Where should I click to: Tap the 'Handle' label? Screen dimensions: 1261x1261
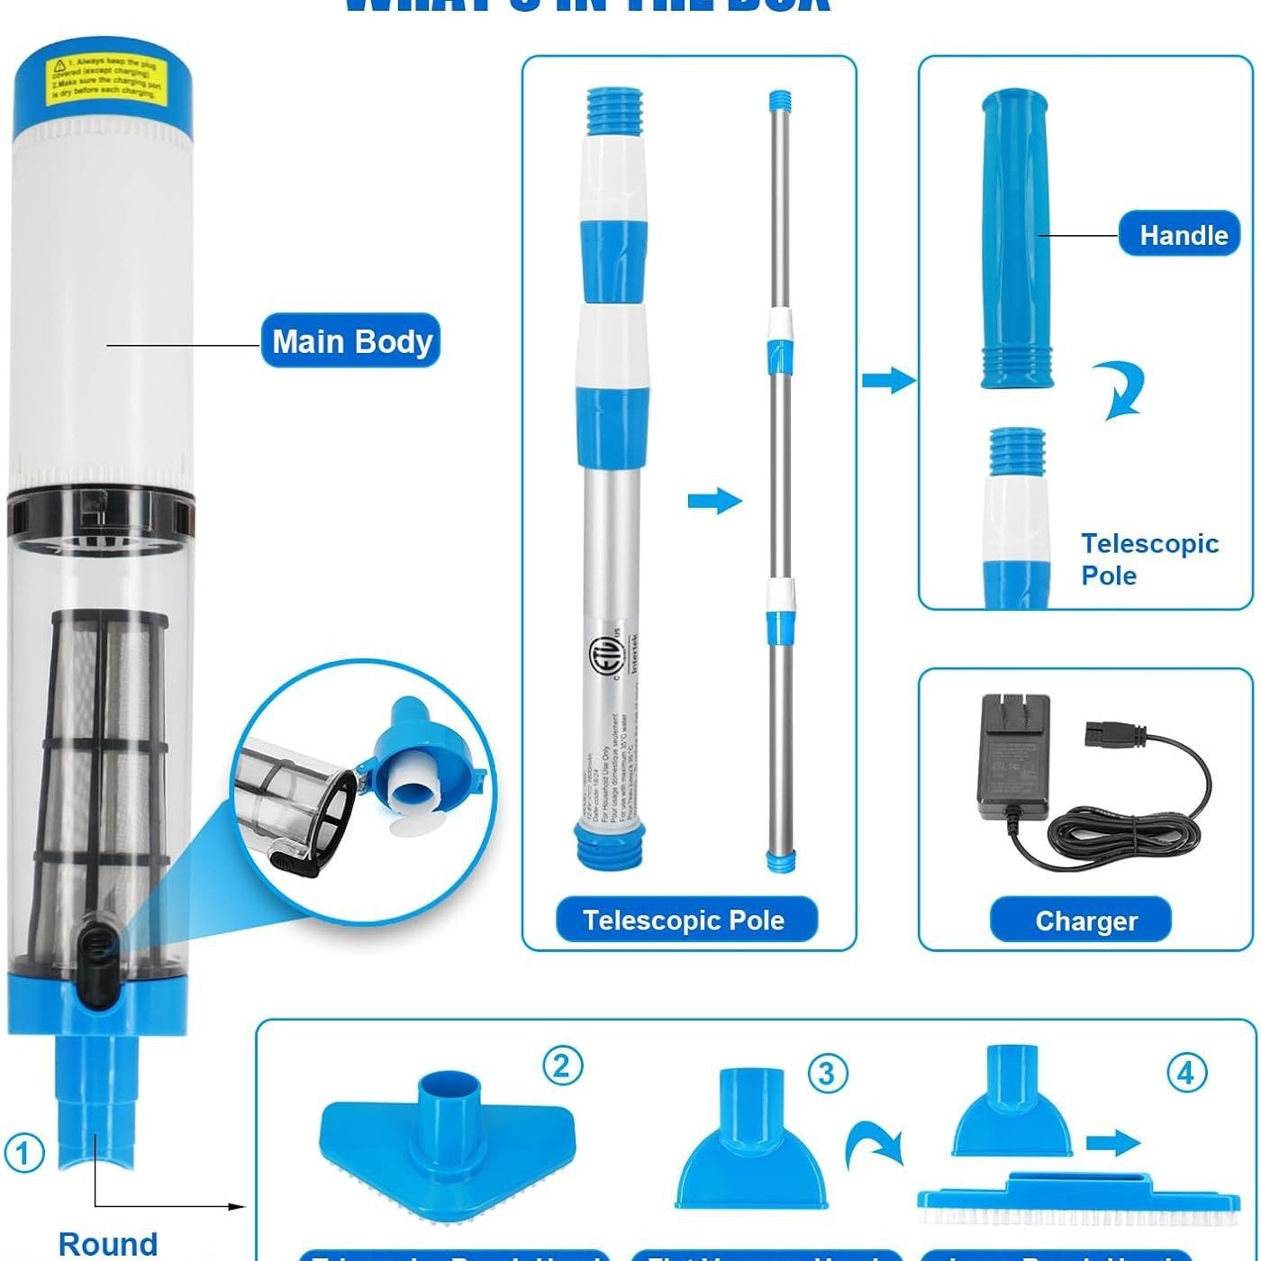tap(1183, 235)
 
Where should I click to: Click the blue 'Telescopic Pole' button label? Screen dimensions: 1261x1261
tap(685, 920)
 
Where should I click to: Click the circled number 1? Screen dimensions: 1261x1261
tap(24, 1153)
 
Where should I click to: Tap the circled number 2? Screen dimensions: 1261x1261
tap(562, 1066)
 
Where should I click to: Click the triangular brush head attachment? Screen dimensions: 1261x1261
tap(448, 1148)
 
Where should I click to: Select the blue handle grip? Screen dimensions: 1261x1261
tap(1016, 239)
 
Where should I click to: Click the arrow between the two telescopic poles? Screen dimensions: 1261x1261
tap(714, 501)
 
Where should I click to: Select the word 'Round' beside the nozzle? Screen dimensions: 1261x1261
tap(108, 1244)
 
